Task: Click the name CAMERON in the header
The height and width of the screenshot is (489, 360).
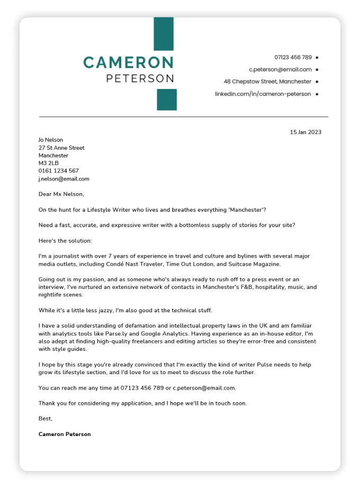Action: (128, 62)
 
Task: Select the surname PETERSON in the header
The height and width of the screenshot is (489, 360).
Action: (140, 78)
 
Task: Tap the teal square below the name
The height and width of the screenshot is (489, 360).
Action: (167, 99)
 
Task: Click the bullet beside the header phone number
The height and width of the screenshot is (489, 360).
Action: (317, 57)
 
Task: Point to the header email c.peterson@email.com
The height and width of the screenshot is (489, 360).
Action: (280, 69)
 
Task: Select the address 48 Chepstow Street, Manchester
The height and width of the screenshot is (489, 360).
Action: (267, 81)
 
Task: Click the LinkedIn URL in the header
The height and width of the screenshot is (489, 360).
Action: (263, 94)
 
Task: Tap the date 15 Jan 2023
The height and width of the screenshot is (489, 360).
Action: (305, 132)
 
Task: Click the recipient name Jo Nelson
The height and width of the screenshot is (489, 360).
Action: (51, 140)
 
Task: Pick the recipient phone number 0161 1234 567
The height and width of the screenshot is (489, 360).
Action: (58, 171)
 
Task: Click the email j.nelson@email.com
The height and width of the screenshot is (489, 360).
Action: (64, 179)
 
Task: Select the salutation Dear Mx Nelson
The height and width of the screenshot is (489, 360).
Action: (61, 194)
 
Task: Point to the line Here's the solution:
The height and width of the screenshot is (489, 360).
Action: (65, 241)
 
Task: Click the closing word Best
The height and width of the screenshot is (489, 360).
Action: (46, 419)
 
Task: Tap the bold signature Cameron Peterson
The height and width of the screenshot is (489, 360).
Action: (65, 434)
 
